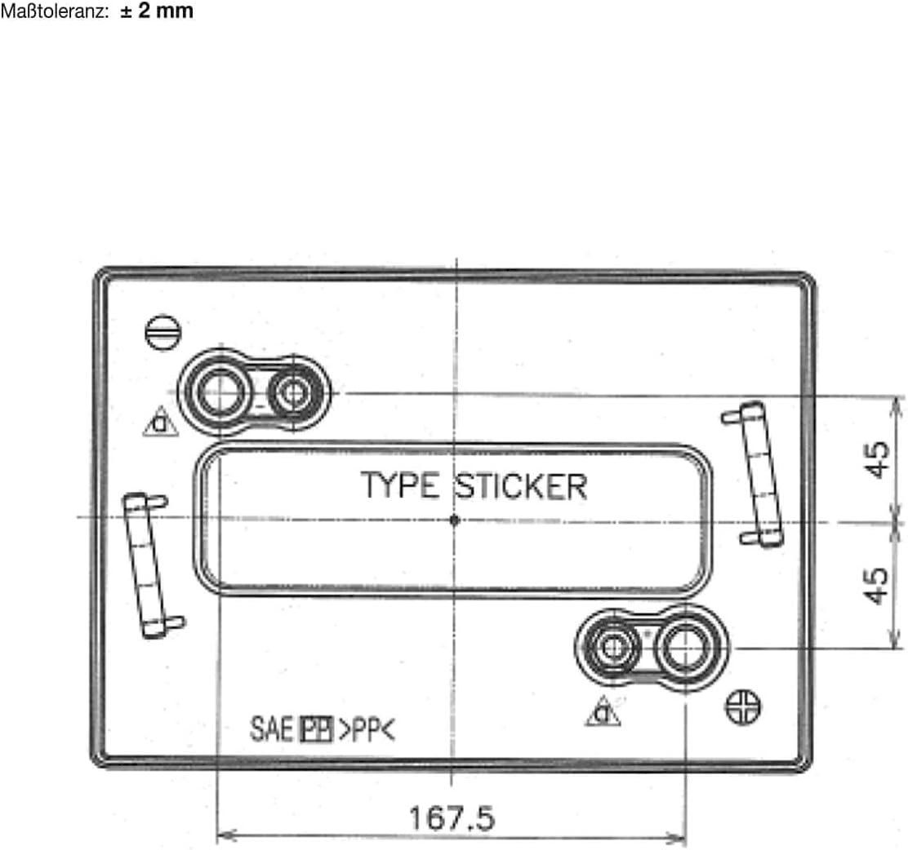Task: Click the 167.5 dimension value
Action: tap(452, 817)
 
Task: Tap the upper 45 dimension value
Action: tap(878, 459)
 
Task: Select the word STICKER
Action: tap(521, 486)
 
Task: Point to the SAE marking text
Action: tap(272, 729)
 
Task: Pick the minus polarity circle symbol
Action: tap(162, 332)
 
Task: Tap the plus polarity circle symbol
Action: tap(744, 707)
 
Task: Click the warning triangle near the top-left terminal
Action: tap(160, 422)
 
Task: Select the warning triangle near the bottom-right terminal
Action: tap(603, 711)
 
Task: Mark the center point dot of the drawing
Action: tap(455, 520)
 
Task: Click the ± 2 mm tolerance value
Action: tap(157, 11)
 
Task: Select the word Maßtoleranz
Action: tap(55, 11)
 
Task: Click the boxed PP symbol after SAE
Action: tap(316, 729)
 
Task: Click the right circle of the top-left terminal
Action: tap(294, 393)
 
